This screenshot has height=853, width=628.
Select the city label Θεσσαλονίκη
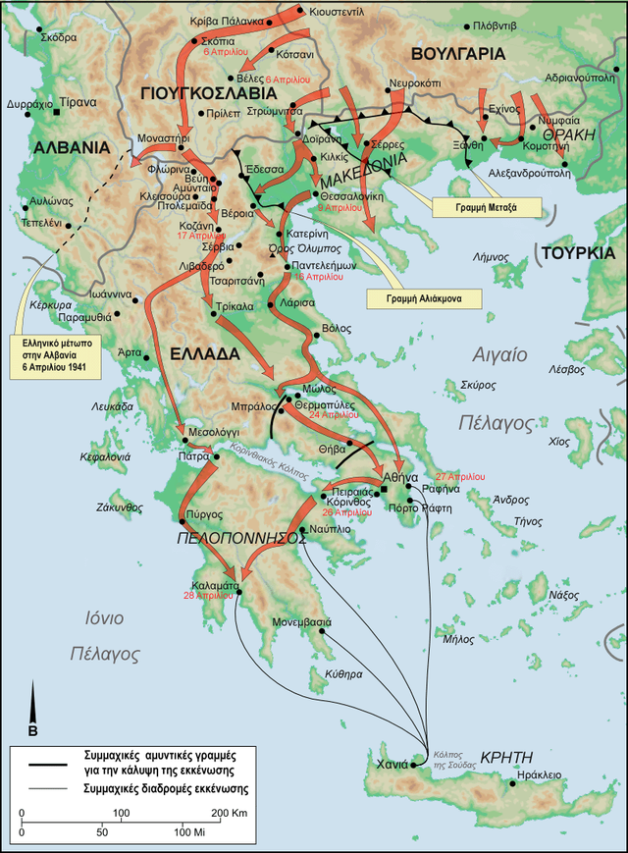[352, 194]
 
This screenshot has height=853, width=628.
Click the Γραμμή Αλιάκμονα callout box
[423, 296]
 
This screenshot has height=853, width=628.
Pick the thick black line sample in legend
[46, 763]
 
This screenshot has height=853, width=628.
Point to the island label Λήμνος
[488, 254]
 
